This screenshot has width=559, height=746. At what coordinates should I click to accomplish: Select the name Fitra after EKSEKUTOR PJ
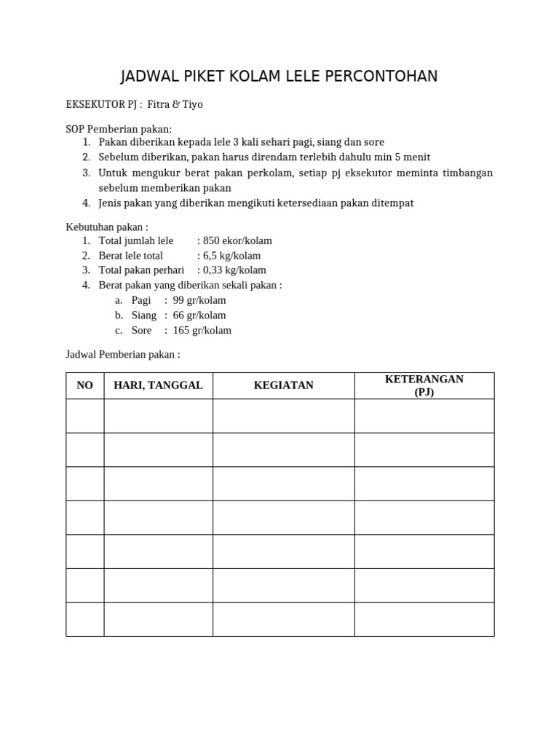158,104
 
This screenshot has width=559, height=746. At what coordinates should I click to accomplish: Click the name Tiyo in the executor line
192,104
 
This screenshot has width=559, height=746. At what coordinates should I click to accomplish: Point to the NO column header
85,385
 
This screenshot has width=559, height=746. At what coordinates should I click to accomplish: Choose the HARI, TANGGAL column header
158,385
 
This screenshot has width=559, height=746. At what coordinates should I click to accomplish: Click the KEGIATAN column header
283,385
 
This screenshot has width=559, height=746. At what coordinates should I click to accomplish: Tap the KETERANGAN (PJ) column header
424,385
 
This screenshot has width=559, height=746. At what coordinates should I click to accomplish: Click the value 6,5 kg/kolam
229,256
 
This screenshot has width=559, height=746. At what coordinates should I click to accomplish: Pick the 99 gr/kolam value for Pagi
199,300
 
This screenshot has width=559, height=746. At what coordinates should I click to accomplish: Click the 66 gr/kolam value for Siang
199,315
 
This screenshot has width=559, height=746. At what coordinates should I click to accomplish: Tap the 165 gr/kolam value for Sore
202,330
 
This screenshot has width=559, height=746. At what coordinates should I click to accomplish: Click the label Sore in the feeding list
142,330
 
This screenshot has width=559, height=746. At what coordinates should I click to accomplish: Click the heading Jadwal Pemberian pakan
122,355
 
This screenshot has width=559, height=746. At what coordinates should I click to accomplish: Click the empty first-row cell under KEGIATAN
283,416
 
